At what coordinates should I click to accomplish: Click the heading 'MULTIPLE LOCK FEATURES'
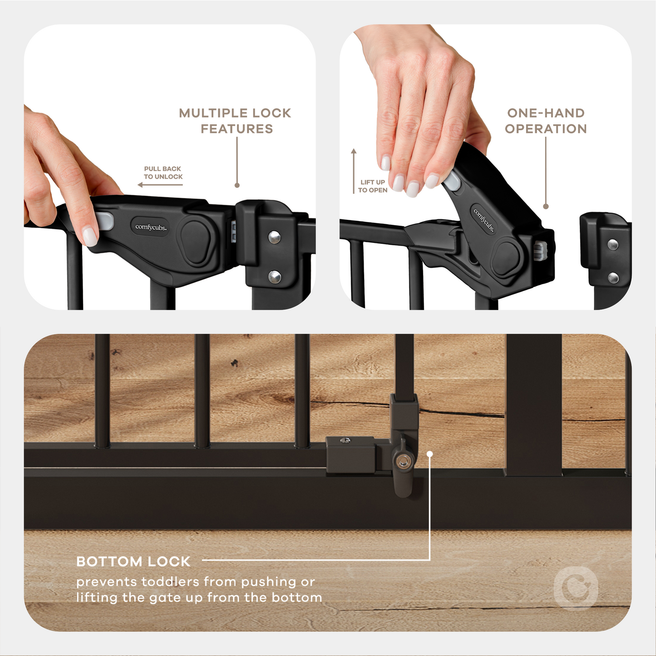tap(235, 121)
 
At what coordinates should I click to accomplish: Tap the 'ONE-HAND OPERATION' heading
tap(546, 121)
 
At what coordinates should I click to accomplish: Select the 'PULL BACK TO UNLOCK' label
tap(163, 173)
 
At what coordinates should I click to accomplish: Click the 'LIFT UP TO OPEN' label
tap(372, 186)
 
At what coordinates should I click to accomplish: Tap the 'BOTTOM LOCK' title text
tap(133, 562)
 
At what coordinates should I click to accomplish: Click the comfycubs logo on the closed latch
tap(151, 227)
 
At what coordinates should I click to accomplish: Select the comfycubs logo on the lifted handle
tap(483, 220)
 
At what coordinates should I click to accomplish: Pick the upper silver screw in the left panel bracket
tap(274, 237)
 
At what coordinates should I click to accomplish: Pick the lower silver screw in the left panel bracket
tap(274, 276)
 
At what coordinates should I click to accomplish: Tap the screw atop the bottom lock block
tap(345, 440)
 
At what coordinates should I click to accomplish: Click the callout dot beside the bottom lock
tap(429, 454)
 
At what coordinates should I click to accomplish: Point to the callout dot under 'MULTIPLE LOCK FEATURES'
tap(237, 185)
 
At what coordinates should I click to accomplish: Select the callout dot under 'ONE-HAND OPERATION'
tap(546, 207)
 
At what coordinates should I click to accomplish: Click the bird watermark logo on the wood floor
tap(577, 589)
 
